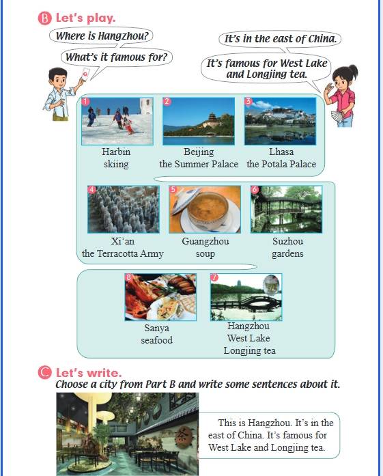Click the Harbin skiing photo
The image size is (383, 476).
point(117,121)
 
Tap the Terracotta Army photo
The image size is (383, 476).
point(123,210)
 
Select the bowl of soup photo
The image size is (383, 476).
point(205,210)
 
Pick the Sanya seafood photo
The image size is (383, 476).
point(160,297)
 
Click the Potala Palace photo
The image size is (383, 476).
point(281,121)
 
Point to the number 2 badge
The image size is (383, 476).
point(167,101)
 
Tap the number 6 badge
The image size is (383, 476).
point(255,189)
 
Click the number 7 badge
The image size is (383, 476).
point(214,277)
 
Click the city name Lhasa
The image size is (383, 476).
point(281,152)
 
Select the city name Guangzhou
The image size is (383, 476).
point(205,241)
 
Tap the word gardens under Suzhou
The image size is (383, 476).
point(287,254)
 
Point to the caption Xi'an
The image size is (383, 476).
point(123,241)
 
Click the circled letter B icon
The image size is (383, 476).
point(44,18)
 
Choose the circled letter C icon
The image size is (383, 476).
point(44,372)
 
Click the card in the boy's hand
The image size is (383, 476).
point(85,74)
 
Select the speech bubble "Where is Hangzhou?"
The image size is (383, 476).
point(101,36)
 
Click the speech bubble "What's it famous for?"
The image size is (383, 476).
point(117,57)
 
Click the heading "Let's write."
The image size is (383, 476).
point(89,372)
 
